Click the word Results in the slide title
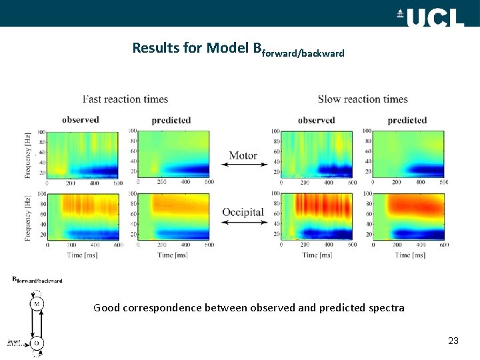click(154, 48)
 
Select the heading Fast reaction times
click(125, 99)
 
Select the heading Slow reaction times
click(363, 99)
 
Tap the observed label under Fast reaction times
click(81, 120)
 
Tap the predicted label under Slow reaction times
click(407, 120)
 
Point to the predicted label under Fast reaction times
click(171, 120)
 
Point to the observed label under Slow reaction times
click(317, 120)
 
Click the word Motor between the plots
click(243, 156)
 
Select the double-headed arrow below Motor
click(243, 165)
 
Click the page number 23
click(453, 341)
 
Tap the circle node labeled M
click(37, 304)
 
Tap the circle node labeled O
click(37, 343)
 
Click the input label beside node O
click(14, 342)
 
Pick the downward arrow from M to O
click(31, 323)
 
